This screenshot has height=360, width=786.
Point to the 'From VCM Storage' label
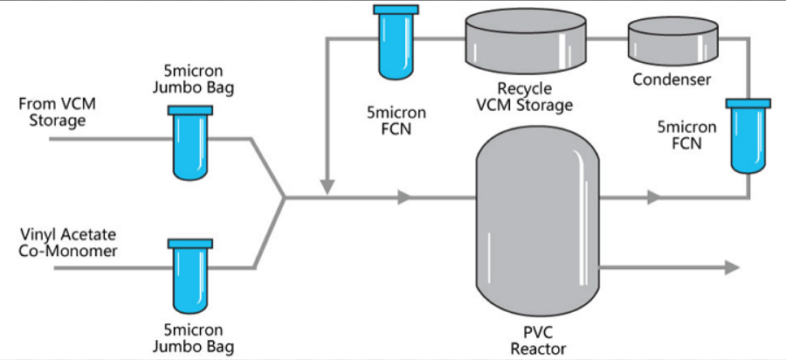[57, 113]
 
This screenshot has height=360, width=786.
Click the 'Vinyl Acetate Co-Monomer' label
[68, 244]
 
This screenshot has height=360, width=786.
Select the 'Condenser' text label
[671, 80]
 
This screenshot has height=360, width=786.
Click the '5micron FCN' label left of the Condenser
[686, 135]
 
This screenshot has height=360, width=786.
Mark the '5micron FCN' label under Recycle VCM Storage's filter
[396, 121]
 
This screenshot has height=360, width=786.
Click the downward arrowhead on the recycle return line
[327, 186]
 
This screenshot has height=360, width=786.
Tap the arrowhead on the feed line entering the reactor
[403, 198]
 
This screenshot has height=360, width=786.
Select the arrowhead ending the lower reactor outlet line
[732, 267]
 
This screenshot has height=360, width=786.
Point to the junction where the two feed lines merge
[286, 198]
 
